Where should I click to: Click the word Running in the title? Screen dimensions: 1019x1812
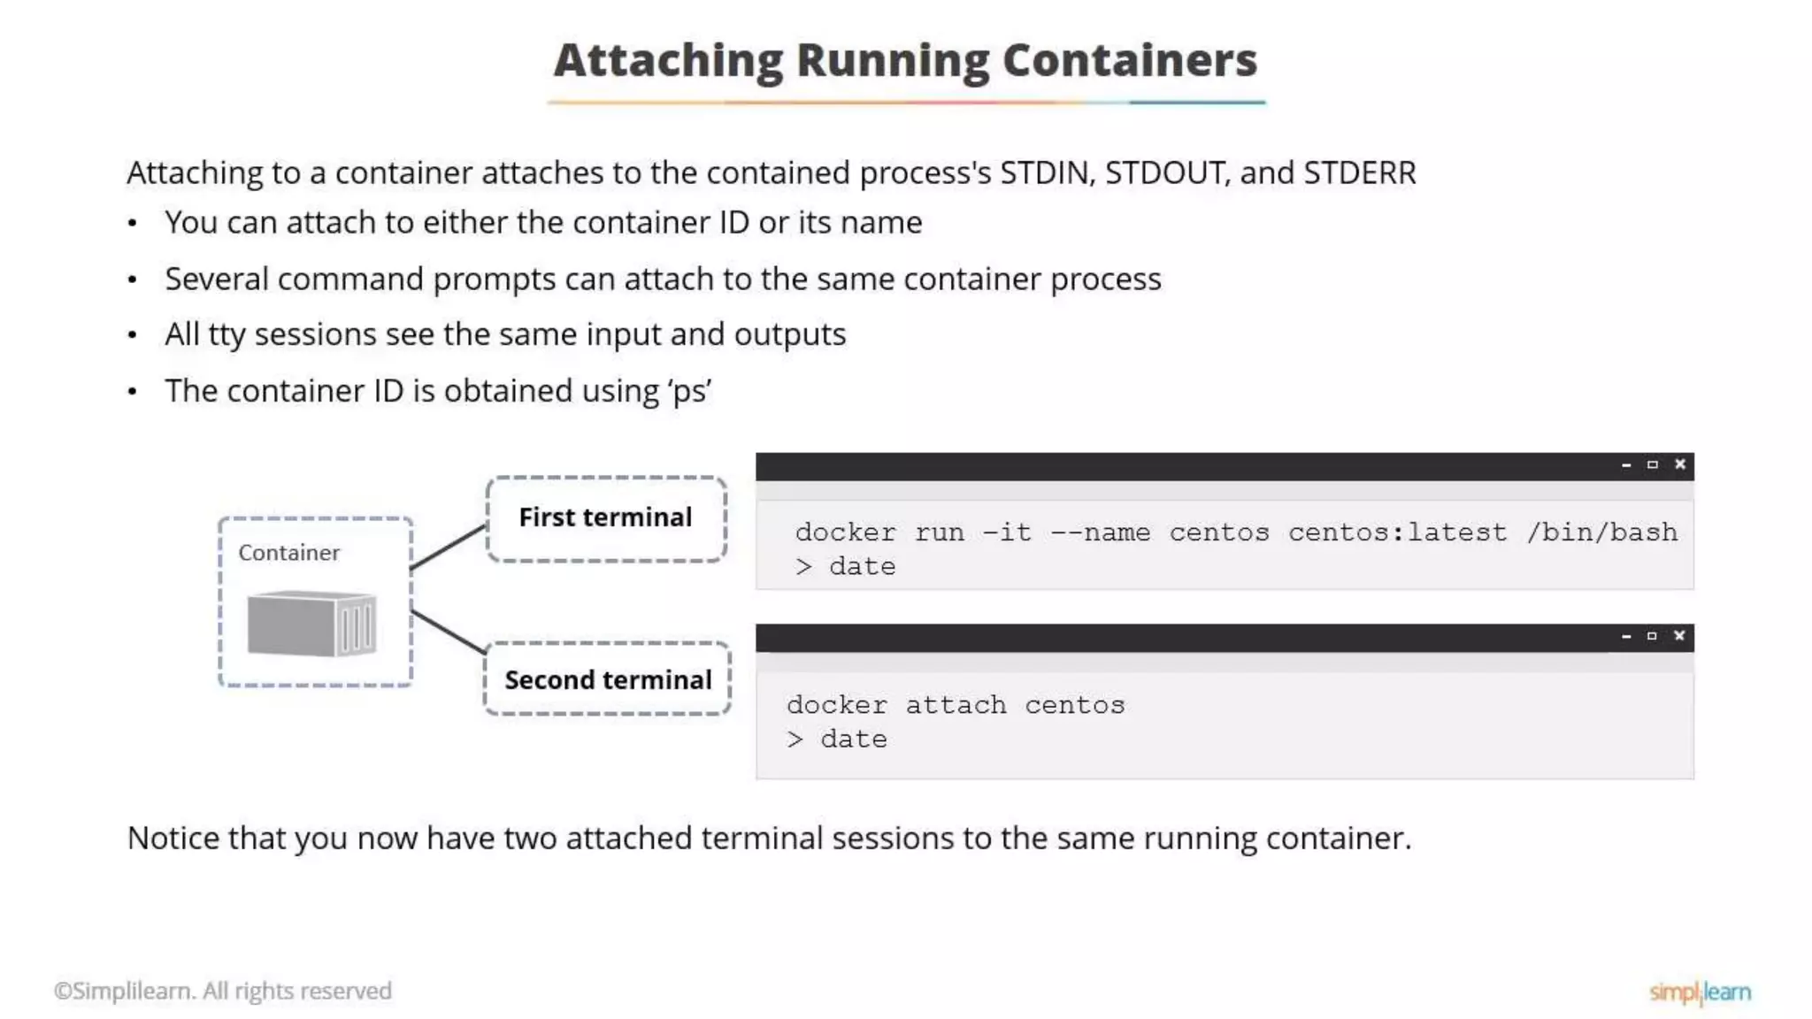892,60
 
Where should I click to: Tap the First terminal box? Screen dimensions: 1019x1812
606,518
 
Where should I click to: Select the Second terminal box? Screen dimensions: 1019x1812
608,679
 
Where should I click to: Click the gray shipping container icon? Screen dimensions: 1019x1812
311,624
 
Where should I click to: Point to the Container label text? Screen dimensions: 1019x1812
288,553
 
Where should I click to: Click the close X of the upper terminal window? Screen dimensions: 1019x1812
1679,464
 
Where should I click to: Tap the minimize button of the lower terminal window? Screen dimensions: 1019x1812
1625,637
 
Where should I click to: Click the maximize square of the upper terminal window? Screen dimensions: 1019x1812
1652,464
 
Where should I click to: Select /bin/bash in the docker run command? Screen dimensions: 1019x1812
1601,532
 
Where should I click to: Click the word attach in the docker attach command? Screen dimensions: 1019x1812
956,705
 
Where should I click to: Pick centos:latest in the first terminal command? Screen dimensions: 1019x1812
1397,532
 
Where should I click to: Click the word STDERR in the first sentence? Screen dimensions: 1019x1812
1359,173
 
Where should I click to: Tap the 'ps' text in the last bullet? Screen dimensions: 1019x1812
690,392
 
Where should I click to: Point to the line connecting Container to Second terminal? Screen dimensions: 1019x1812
449,632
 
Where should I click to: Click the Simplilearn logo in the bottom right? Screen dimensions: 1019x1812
1700,992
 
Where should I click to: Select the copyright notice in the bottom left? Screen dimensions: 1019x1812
223,991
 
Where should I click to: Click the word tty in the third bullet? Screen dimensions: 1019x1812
226,335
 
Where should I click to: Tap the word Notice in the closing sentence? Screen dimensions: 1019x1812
173,838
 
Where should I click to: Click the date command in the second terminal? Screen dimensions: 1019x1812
853,739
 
